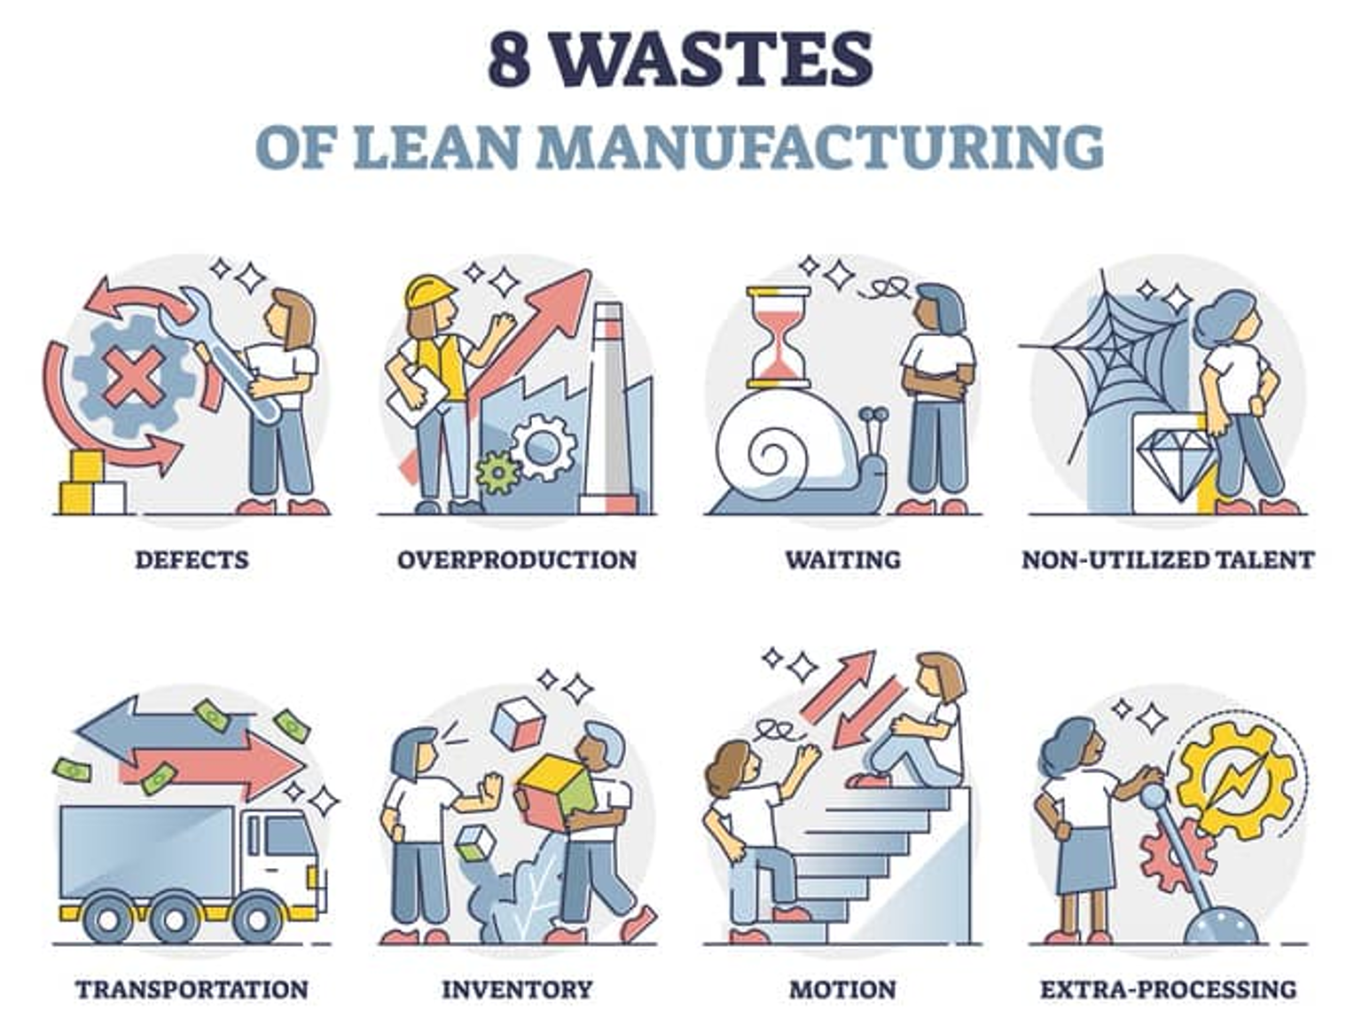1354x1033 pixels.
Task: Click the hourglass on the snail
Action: coord(779,337)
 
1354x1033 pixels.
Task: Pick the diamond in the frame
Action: coord(1172,458)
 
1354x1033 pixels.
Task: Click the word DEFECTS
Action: coord(192,560)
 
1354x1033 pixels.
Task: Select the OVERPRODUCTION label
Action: coord(517,560)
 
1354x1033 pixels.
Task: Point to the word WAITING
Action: coord(842,560)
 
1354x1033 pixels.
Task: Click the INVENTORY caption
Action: coord(517,989)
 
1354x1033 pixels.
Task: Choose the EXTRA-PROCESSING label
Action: coord(1168,989)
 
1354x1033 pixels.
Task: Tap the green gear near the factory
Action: coord(497,472)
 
